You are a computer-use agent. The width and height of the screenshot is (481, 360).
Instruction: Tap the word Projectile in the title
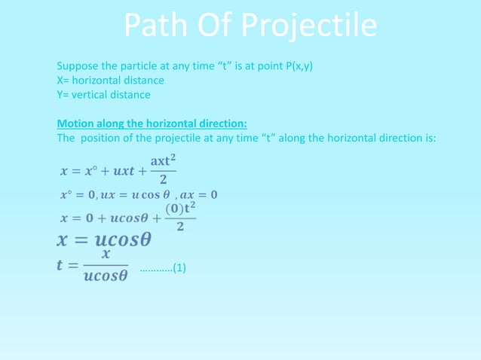[x=310, y=27]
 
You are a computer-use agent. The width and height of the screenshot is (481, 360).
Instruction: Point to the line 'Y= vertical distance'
[x=103, y=94]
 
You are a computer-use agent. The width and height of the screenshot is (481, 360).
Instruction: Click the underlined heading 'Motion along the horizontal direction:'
[x=152, y=123]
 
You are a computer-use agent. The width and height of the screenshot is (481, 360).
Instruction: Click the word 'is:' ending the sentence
[x=430, y=138]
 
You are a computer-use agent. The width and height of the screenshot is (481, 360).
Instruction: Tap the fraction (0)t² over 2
[x=175, y=215]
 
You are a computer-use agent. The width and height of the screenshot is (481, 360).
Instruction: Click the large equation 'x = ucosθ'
[x=105, y=240]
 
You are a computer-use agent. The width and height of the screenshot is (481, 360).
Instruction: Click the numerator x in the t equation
[x=106, y=255]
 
